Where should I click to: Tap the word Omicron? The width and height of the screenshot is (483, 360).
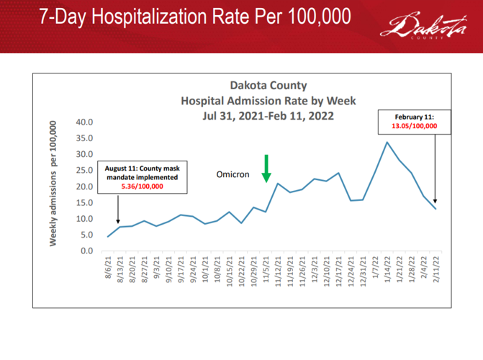tap(233, 175)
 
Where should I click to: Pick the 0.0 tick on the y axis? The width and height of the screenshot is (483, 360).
tap(87, 251)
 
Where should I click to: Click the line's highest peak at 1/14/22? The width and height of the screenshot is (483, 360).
tap(387, 142)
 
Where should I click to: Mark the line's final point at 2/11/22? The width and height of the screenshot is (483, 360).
tap(435, 209)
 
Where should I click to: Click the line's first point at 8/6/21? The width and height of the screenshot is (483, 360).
tap(108, 237)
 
